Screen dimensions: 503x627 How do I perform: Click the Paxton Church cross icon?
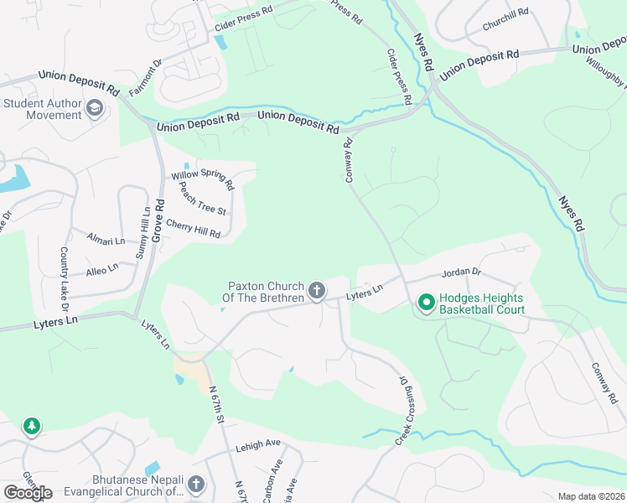point(316,291)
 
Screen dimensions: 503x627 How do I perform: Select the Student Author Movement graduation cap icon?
point(95,107)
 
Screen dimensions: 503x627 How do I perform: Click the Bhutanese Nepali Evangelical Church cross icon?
point(195,484)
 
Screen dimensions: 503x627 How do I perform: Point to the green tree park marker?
point(31,427)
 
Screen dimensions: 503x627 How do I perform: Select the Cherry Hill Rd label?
point(193,228)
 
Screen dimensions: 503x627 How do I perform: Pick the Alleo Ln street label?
point(102,270)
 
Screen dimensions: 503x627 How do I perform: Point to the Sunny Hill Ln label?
point(142,232)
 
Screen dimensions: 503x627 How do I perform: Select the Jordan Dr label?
point(461,272)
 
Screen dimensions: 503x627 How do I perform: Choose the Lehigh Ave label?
point(257,444)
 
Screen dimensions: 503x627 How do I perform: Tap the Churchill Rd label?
point(505,18)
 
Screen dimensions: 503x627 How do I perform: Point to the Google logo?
point(28,493)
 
